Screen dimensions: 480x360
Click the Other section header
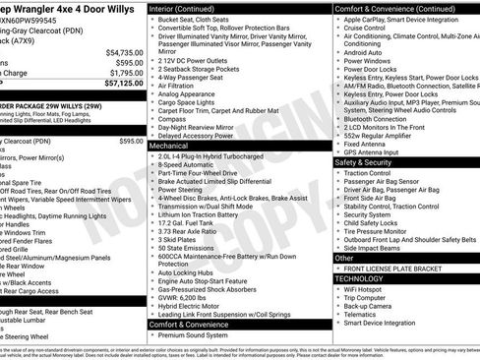[345, 258]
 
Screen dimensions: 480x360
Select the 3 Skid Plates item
[178, 240]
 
